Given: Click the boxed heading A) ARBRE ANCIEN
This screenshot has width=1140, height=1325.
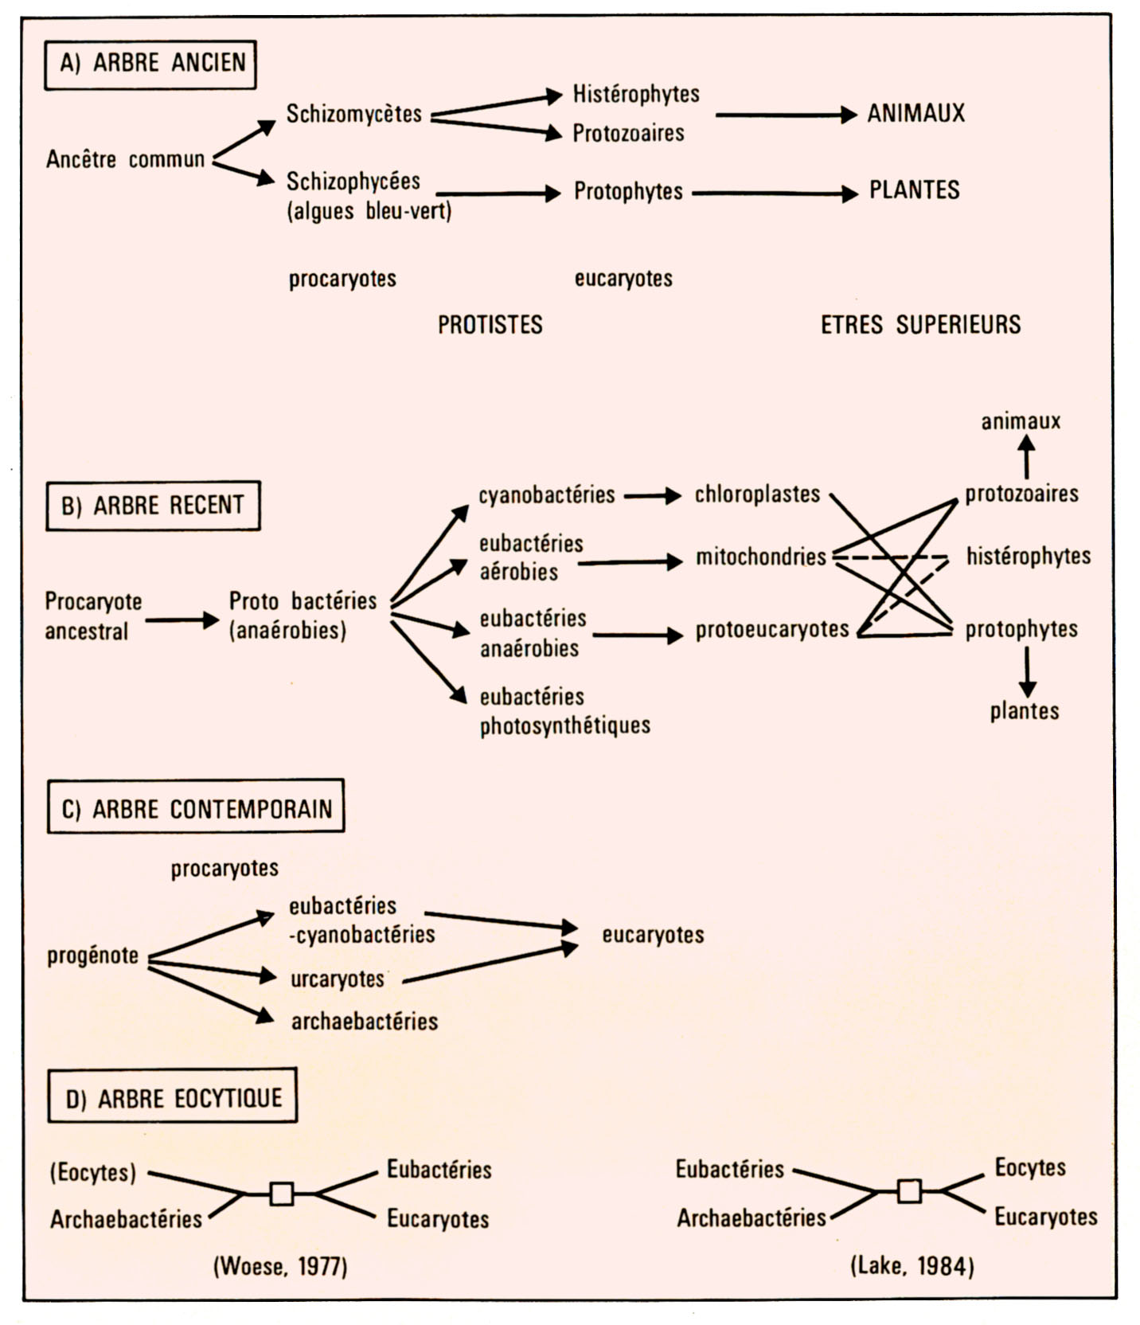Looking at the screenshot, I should [x=150, y=64].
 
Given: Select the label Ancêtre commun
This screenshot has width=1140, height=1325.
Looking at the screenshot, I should [x=125, y=159].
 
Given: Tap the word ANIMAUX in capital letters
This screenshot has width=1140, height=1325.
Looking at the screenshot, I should [x=916, y=113].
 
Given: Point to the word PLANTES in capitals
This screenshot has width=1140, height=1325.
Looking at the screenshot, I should [x=914, y=190].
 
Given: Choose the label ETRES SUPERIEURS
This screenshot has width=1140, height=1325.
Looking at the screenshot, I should [x=920, y=325].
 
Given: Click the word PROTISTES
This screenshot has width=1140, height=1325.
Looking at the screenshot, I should [x=490, y=325].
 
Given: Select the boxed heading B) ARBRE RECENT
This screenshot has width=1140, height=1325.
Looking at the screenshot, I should [x=153, y=506].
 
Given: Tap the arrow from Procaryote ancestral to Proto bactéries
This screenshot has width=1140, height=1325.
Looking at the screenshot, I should [x=182, y=620].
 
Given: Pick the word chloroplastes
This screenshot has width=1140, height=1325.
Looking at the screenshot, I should [x=757, y=494].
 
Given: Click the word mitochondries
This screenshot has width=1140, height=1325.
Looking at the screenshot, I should [x=761, y=557].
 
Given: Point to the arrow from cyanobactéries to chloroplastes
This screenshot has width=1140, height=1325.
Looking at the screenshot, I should [x=653, y=496].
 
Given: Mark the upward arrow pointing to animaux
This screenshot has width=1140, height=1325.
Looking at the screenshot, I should [x=1027, y=459].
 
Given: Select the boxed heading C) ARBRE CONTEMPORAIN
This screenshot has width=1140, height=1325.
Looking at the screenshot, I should [x=196, y=809].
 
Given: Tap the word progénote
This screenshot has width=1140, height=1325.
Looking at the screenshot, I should [x=93, y=956].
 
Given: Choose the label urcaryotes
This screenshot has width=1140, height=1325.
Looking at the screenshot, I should [x=338, y=979].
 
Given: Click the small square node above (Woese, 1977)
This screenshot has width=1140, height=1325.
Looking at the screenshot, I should [x=281, y=1194].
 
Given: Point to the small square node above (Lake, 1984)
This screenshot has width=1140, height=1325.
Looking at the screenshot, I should [x=909, y=1191].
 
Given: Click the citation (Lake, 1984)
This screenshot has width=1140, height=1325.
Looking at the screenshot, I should [x=912, y=1266].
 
